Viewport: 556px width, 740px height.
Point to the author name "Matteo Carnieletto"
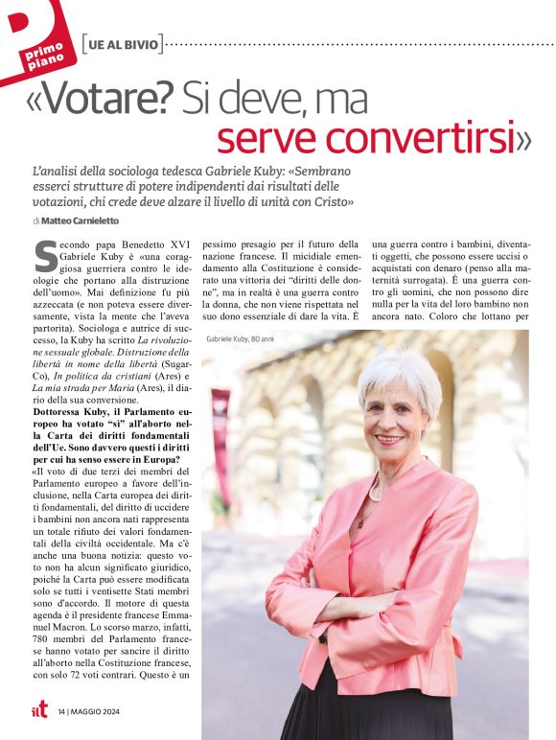coord(88,220)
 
